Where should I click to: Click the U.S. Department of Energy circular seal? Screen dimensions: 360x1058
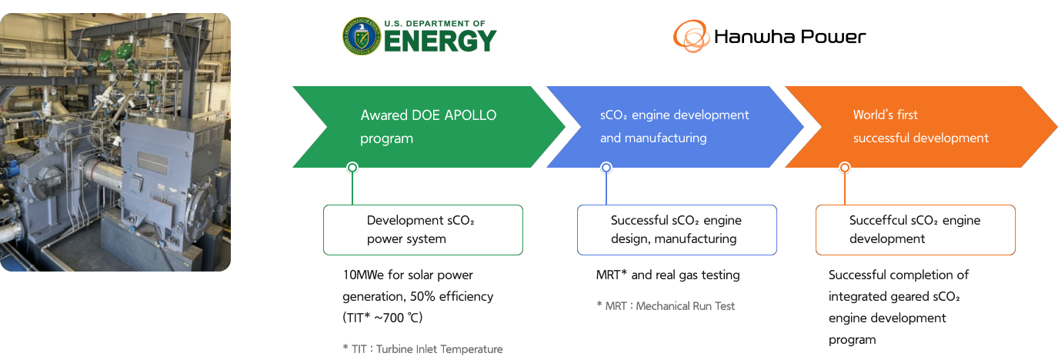click(x=361, y=36)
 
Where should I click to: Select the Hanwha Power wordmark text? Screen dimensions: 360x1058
click(x=789, y=36)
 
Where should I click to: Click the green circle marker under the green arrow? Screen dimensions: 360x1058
click(x=352, y=168)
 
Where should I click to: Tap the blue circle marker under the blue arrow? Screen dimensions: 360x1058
click(x=606, y=168)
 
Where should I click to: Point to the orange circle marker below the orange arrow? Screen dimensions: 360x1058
click(x=844, y=168)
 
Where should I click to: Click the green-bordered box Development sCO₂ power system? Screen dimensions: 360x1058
click(x=422, y=229)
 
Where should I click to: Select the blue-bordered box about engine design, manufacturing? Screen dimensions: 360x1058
click(x=676, y=229)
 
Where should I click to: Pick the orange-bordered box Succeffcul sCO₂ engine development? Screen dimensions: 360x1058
click(x=915, y=229)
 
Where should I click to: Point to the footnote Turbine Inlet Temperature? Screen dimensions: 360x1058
click(x=439, y=349)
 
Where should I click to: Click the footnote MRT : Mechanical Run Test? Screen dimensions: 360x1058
click(x=666, y=305)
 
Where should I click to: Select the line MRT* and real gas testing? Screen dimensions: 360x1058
click(x=667, y=275)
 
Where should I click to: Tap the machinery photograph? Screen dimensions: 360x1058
click(x=115, y=142)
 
